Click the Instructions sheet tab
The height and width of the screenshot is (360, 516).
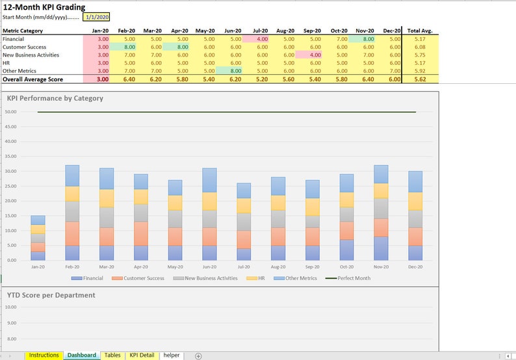coord(44,355)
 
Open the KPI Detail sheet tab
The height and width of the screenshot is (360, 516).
coord(142,355)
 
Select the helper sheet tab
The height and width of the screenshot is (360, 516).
coord(172,355)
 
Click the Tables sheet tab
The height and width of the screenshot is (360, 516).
coord(112,355)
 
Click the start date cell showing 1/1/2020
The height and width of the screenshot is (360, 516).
coord(97,17)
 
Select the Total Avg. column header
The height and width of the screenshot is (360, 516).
coord(419,31)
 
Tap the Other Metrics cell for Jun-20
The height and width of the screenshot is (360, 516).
coord(232,70)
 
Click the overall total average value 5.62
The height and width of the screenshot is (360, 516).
coord(419,79)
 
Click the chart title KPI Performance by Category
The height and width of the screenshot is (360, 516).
coord(55,99)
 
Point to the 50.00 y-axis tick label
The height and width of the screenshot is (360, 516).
coord(10,112)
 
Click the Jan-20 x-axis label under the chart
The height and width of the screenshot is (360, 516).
coord(38,266)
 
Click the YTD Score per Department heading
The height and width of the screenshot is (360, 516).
coord(51,295)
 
